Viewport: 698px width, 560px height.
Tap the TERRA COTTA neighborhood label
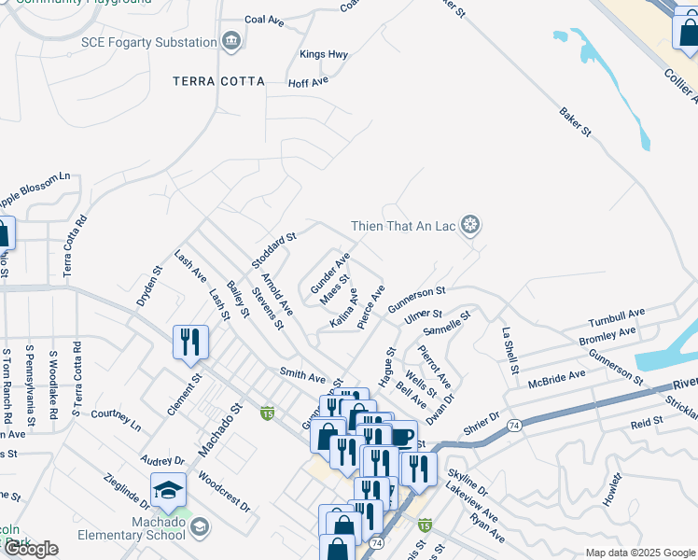point(218,81)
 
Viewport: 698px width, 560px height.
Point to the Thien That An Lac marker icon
point(472,225)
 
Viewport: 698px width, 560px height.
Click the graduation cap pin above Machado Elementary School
point(168,491)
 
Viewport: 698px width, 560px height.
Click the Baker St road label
point(576,124)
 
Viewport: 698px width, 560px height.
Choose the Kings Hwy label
point(324,55)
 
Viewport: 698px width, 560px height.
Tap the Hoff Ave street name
point(308,82)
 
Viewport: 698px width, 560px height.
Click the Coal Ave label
point(264,20)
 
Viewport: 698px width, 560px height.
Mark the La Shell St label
point(510,351)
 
